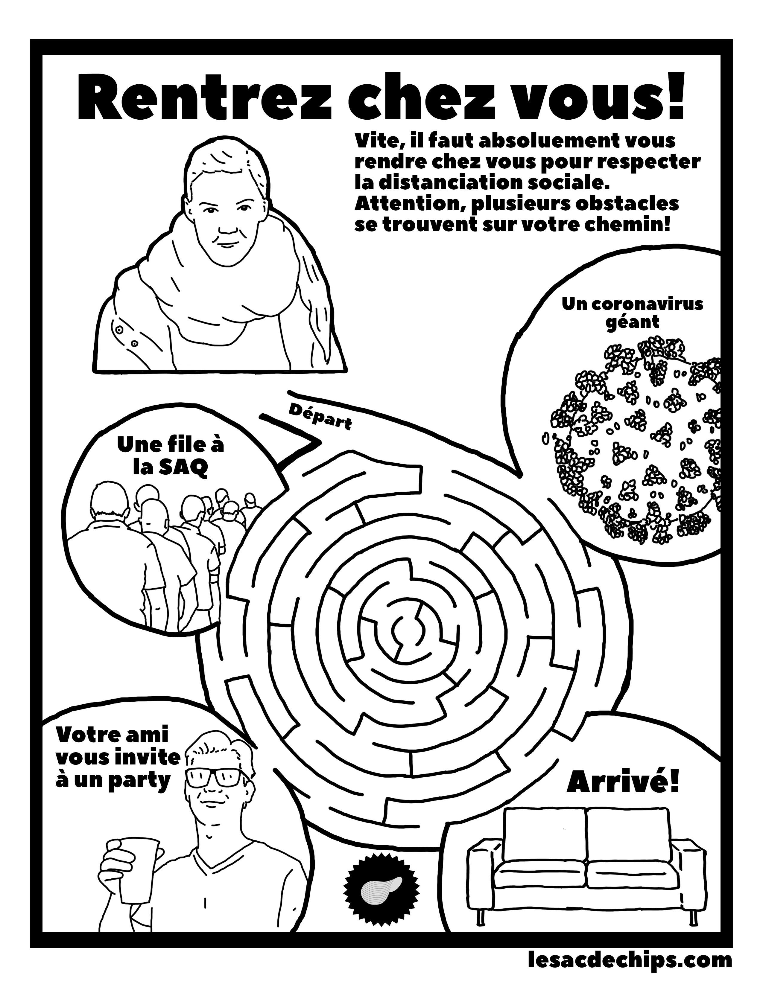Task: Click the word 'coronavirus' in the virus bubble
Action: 646,304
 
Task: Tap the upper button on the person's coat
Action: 118,330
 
